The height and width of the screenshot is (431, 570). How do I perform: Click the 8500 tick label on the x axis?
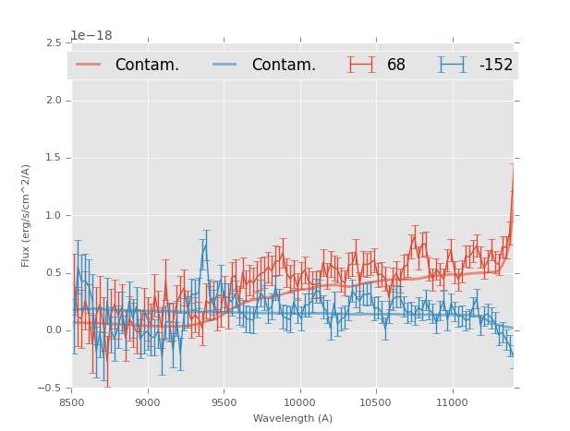(71, 402)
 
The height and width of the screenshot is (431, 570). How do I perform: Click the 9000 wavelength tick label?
(148, 402)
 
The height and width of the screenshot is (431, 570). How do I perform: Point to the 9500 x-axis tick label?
(224, 402)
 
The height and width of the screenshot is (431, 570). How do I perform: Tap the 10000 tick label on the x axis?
(299, 402)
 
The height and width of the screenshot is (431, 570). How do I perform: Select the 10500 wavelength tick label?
(375, 402)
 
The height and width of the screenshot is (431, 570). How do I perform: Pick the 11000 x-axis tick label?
(452, 402)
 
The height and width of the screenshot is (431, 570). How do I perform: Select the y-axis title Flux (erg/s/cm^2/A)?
(27, 215)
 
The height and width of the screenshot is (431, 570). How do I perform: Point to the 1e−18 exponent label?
(91, 36)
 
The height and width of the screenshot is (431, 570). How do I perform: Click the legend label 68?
(396, 65)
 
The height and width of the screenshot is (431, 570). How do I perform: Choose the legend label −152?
(495, 65)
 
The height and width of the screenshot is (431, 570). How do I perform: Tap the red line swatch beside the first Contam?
(89, 65)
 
